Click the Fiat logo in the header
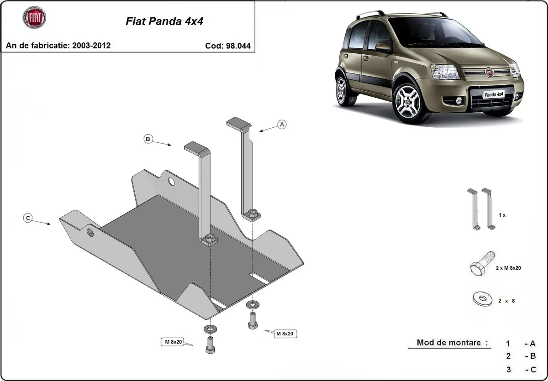[34, 18]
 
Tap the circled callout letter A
[282, 124]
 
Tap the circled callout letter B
[148, 139]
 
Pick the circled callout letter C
[28, 219]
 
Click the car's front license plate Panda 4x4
[493, 94]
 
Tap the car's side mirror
[383, 46]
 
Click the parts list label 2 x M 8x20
[508, 268]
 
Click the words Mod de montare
[449, 343]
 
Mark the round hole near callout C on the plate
[90, 232]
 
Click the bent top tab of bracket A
[238, 123]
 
